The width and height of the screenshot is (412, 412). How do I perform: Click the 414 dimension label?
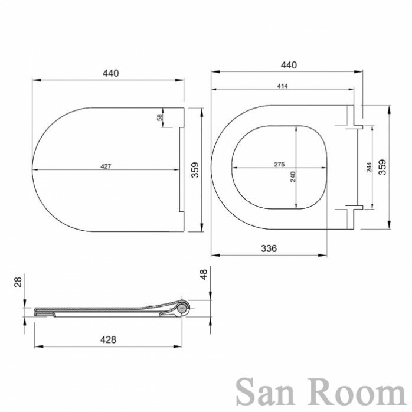click(x=283, y=86)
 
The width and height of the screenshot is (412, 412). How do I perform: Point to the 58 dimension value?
click(x=160, y=117)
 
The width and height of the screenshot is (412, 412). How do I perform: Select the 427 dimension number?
click(x=106, y=166)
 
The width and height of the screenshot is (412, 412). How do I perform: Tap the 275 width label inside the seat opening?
click(x=279, y=165)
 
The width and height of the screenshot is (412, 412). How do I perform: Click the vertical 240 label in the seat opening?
click(x=293, y=176)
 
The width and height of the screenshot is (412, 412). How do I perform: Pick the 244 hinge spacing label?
click(x=369, y=167)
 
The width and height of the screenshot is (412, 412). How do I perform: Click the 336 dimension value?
click(x=269, y=248)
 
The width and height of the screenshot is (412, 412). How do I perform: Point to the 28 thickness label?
click(x=18, y=282)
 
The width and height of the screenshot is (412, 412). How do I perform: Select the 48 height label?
click(x=204, y=274)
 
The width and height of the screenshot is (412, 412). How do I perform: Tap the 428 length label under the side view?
click(x=108, y=340)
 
